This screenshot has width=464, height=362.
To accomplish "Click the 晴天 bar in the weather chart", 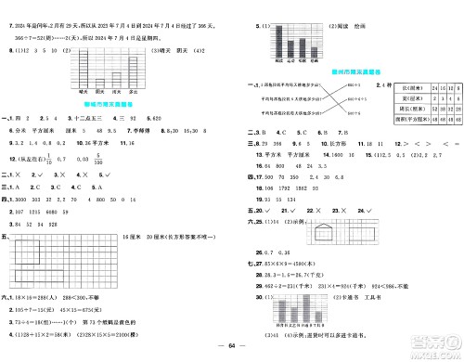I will point(84,78).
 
